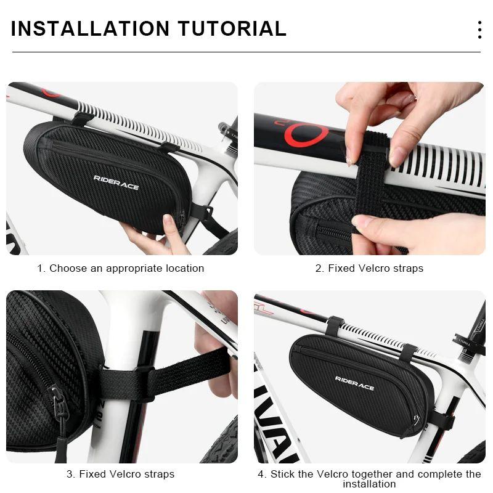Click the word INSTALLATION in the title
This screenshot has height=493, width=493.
pos(89,29)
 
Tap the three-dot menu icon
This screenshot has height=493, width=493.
pos(479,30)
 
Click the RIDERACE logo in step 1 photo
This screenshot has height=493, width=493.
pos(116,182)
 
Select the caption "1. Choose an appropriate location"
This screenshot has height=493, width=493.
pos(120,268)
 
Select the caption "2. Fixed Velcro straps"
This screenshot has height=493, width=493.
pos(369,268)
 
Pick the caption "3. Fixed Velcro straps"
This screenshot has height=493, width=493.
pos(120,474)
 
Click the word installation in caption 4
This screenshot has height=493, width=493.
pos(369,484)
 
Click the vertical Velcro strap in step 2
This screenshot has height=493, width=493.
pos(370,185)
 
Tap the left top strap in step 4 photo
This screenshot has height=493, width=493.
pos(335,325)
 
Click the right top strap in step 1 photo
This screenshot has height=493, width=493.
pos(168,148)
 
